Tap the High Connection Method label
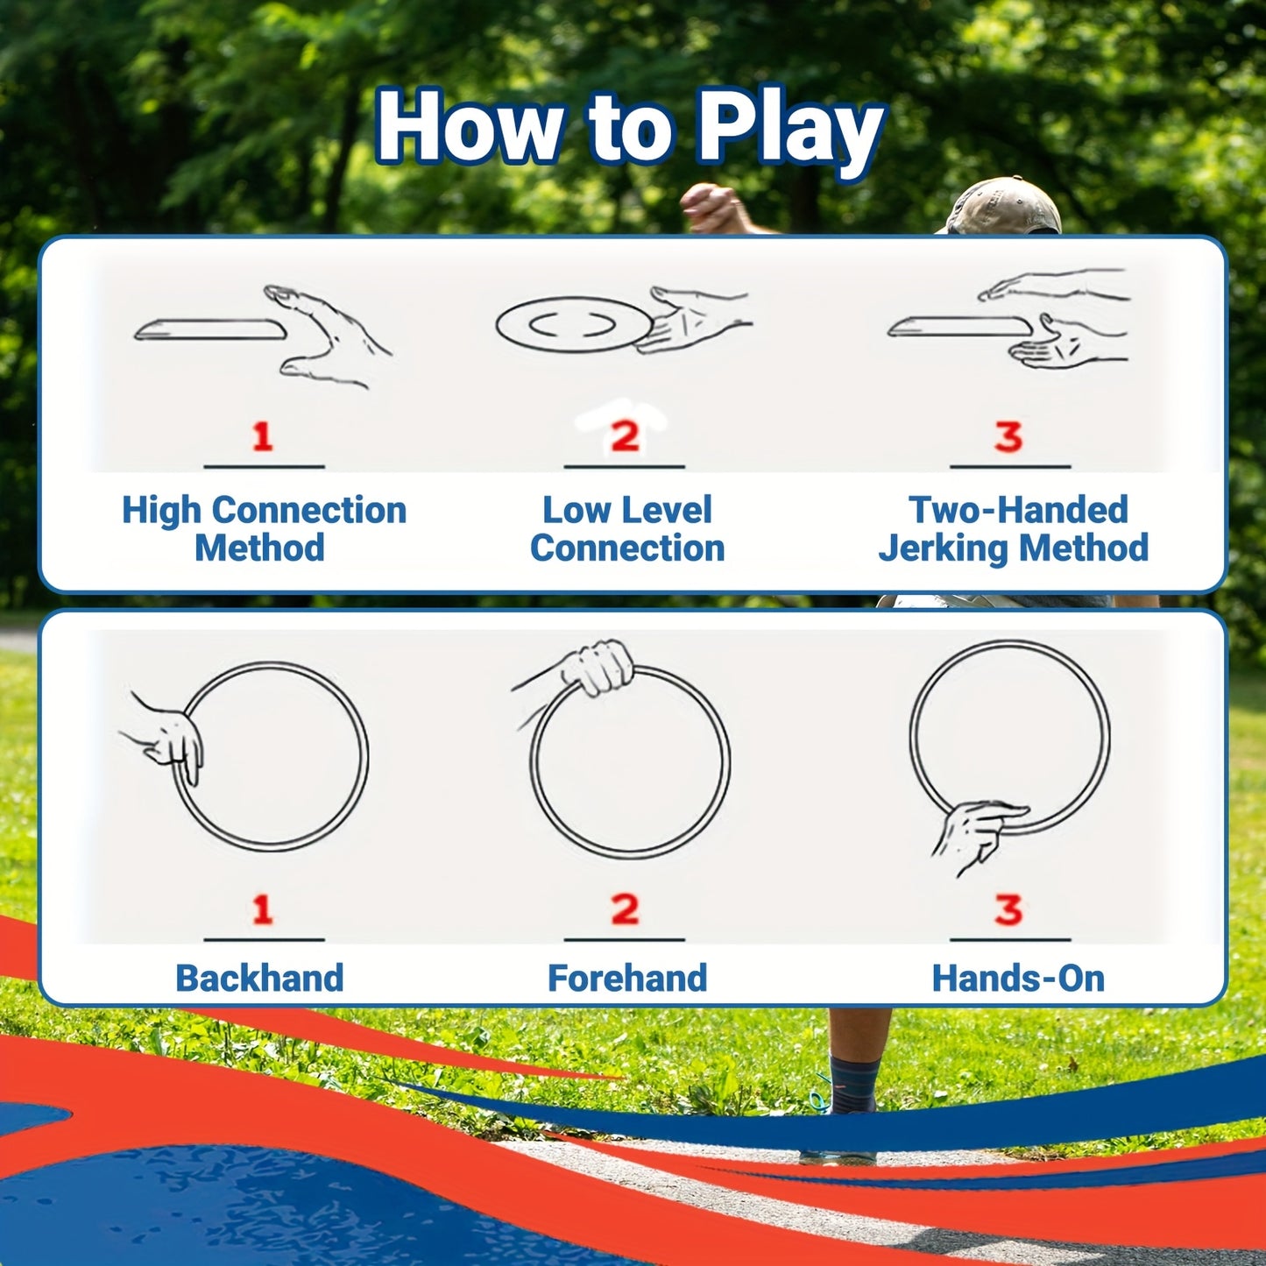pos(263,528)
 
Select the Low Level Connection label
pos(626,528)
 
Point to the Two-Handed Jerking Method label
pos(1015,528)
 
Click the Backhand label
pos(259,978)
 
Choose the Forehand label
pos(626,978)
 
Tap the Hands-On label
pos(1017,978)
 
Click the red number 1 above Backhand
pos(262,910)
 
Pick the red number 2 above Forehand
pos(625,910)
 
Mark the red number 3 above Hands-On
pos(1008,910)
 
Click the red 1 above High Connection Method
pos(262,436)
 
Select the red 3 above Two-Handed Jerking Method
pos(1008,436)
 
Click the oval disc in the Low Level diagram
pos(574,325)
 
